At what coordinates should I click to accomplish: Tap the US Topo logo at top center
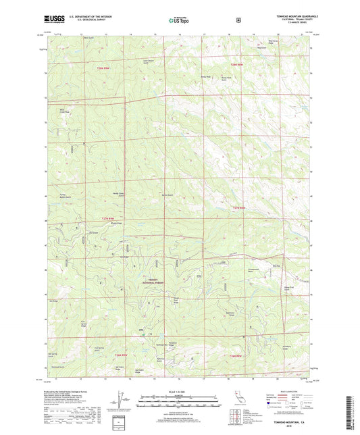[x=179, y=21]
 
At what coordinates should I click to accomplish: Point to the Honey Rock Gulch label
[x=238, y=78]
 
